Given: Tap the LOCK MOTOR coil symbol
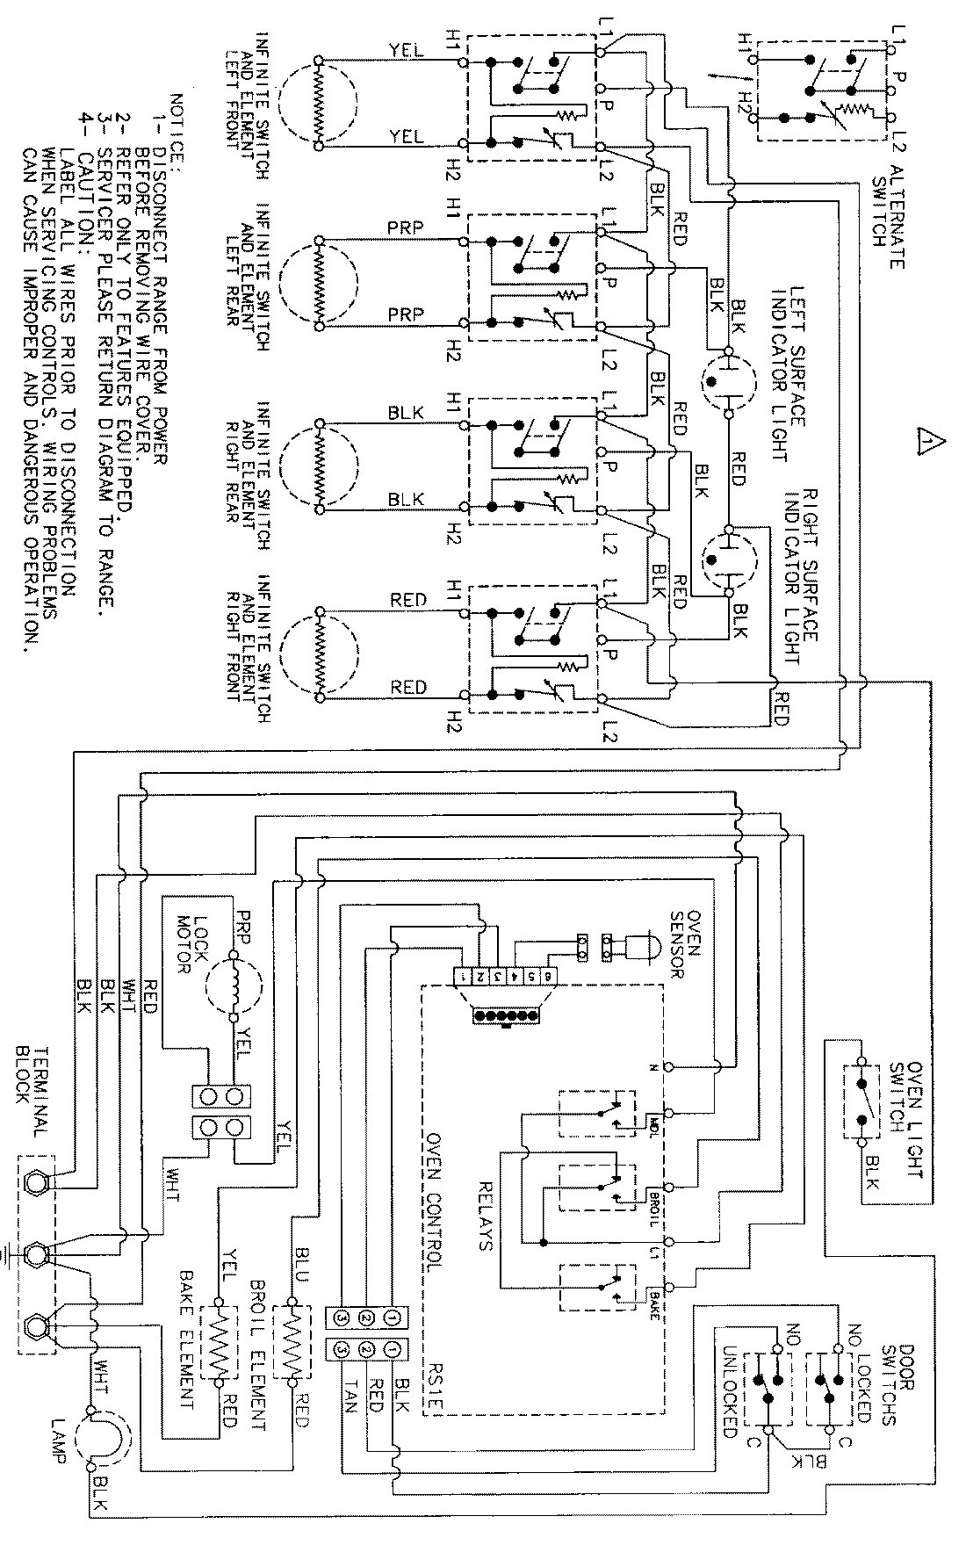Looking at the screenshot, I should coord(234,984).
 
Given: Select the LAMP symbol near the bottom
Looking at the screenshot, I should coord(104,1441).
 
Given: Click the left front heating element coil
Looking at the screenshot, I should coord(318,101).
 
